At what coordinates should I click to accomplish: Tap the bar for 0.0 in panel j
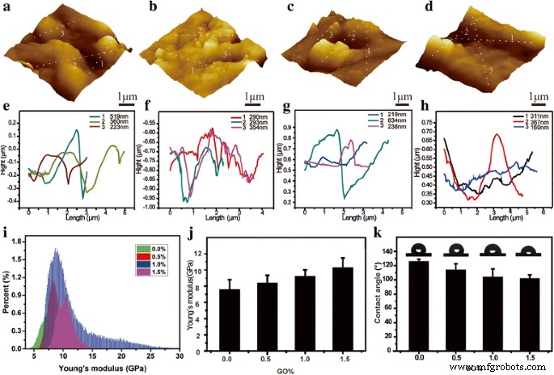(x=229, y=319)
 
